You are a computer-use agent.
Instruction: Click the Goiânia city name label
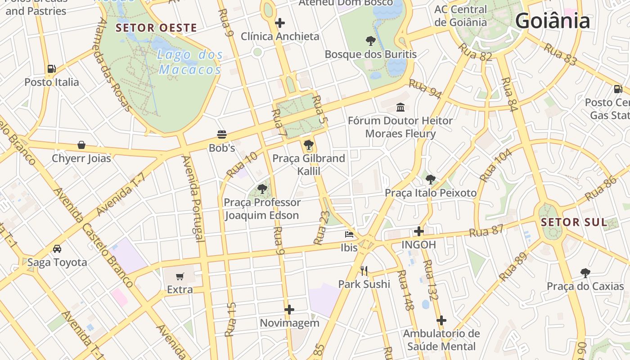click(x=552, y=21)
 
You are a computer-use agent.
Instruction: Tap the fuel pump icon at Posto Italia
click(x=52, y=69)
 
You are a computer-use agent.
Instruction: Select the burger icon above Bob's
click(x=221, y=134)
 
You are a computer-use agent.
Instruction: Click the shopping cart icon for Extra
click(x=180, y=276)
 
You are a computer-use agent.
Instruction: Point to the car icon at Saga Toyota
click(x=57, y=249)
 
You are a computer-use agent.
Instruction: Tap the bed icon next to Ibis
click(x=349, y=234)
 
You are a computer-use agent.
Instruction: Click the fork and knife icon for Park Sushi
click(x=364, y=271)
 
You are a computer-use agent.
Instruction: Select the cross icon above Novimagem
click(x=289, y=310)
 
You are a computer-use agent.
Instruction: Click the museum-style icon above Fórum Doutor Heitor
click(x=400, y=107)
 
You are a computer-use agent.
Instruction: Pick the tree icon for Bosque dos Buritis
click(x=370, y=41)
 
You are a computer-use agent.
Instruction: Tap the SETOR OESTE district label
click(x=156, y=28)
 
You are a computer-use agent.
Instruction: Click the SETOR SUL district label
click(x=573, y=222)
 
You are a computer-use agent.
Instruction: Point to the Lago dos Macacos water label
click(x=190, y=62)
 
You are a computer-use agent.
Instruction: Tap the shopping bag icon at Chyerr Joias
click(x=81, y=145)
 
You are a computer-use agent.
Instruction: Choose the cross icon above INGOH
click(x=418, y=231)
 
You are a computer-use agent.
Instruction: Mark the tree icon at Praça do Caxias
click(x=585, y=273)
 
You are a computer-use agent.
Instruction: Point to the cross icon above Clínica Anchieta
click(x=280, y=22)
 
